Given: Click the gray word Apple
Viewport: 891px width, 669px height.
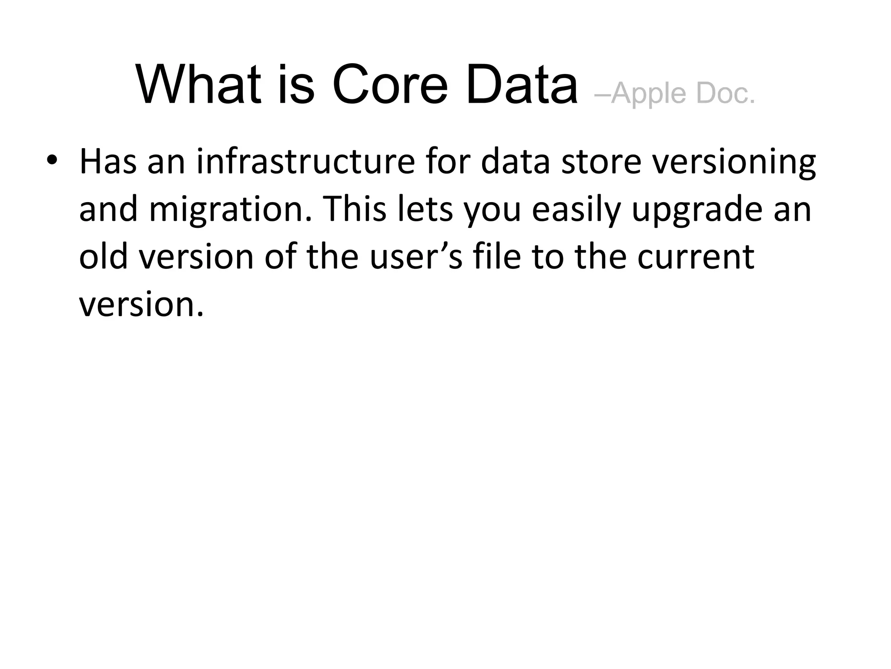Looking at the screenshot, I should pos(648,93).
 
